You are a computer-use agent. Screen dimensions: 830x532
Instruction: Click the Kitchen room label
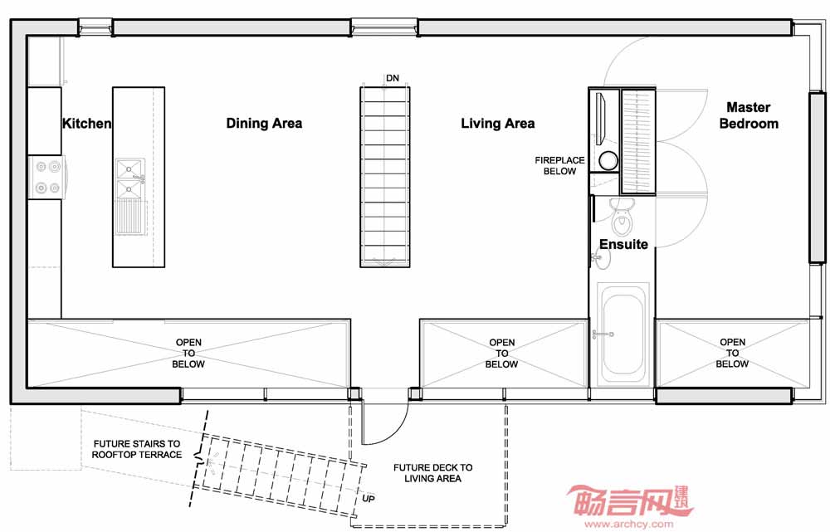[87, 124]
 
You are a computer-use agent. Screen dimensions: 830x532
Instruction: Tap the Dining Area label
[264, 124]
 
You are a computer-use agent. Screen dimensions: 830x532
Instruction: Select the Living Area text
[497, 124]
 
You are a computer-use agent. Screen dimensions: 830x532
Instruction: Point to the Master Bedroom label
[749, 115]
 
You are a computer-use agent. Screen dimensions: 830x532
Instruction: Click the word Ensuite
[623, 244]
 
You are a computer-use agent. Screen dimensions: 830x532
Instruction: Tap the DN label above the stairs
[393, 78]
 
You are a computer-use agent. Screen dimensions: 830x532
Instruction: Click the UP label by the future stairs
[369, 499]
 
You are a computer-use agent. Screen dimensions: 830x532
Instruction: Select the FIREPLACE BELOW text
[559, 166]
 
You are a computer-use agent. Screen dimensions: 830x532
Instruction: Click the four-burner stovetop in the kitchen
[47, 178]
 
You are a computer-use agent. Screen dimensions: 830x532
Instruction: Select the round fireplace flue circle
[608, 160]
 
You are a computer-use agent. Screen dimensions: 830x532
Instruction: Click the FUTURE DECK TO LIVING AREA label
[433, 473]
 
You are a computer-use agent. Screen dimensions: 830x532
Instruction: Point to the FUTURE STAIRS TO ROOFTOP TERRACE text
[137, 449]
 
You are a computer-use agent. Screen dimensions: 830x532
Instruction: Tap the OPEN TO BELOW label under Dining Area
[188, 353]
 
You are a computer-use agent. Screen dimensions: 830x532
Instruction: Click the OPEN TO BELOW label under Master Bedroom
[733, 353]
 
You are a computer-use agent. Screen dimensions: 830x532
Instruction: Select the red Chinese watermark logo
[630, 500]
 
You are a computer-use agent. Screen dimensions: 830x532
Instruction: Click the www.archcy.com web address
[629, 524]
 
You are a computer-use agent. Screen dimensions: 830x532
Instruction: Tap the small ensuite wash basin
[601, 258]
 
